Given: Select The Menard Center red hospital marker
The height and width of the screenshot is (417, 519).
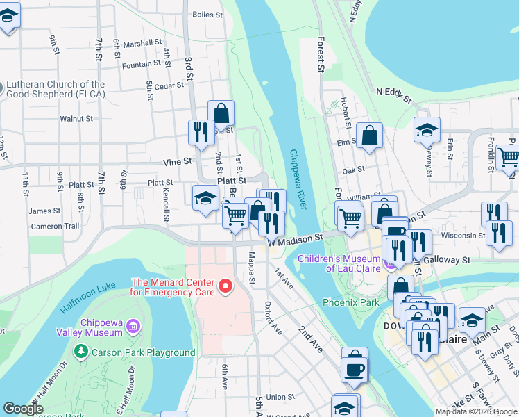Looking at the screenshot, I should pos(225,286).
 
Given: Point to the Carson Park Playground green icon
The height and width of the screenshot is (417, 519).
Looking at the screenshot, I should pos(82,352).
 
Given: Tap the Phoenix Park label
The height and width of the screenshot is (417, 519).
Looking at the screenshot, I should pos(351,302).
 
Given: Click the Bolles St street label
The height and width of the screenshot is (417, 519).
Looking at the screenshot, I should pos(207,14).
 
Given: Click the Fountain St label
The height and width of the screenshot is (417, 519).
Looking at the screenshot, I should pos(141,64).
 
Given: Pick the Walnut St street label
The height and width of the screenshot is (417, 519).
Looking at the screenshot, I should pos(76,119).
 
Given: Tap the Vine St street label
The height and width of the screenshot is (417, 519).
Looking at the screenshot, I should pos(177,161).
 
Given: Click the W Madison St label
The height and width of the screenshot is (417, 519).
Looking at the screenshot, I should pos(296,237).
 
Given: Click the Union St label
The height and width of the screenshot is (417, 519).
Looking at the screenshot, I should pos(280,397).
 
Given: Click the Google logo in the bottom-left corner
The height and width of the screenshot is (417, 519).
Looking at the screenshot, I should pos(23,409).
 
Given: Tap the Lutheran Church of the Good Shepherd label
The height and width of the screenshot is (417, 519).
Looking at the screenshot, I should pos(56,90).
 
